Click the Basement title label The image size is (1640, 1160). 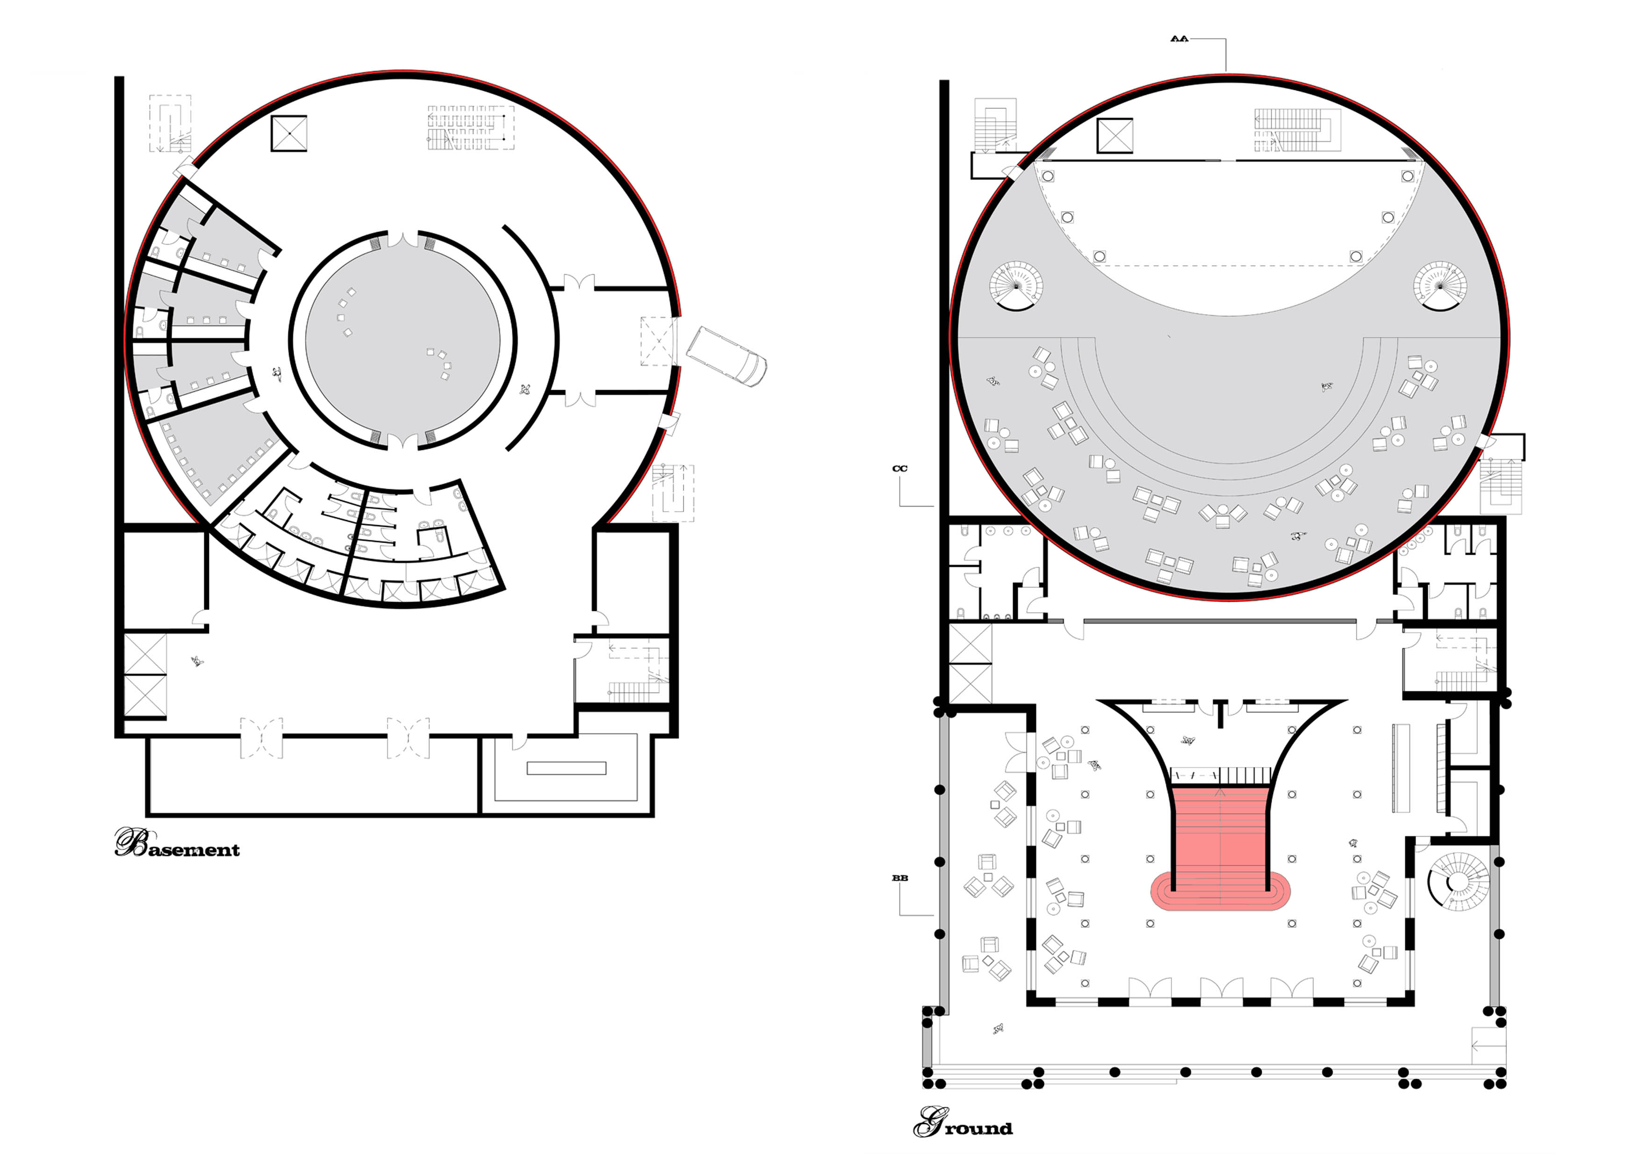coord(177,844)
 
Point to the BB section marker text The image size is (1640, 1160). coord(900,877)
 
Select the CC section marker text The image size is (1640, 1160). coord(900,469)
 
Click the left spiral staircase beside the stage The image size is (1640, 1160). coord(1016,286)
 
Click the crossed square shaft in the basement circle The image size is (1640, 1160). coord(289,134)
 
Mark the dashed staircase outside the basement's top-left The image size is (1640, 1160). coord(170,123)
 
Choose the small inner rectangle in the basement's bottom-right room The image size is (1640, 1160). coord(567,768)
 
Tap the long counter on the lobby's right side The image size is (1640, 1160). coord(1400,768)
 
